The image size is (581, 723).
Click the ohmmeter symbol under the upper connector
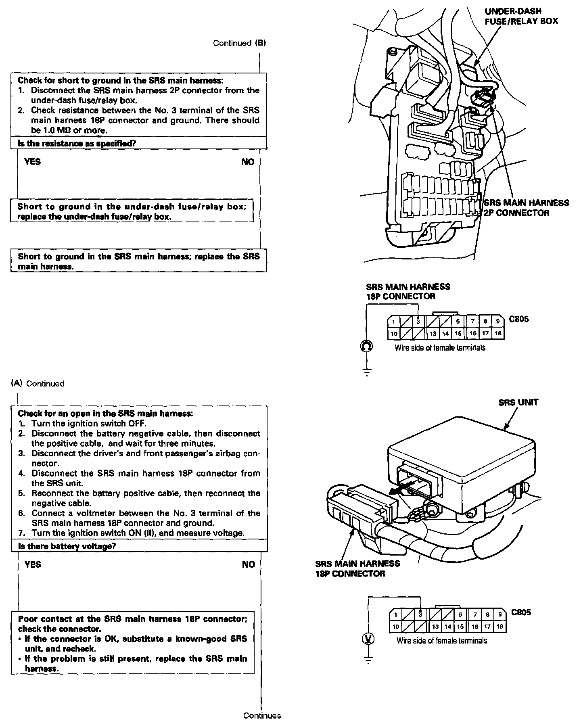366,346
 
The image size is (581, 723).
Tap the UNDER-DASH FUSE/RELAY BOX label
521,16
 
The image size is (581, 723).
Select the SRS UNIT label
518,402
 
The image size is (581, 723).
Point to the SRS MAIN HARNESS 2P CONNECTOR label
526,208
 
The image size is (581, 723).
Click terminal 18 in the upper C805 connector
498,333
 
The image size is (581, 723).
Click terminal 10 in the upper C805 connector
394,334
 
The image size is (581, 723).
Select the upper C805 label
519,319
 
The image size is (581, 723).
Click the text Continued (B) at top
240,43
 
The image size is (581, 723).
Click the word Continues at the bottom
262,715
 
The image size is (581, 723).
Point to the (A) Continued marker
38,383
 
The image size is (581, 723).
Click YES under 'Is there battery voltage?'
33,564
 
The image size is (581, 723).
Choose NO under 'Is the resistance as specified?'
248,162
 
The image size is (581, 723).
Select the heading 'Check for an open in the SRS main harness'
105,414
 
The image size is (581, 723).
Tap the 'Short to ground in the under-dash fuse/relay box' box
132,211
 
